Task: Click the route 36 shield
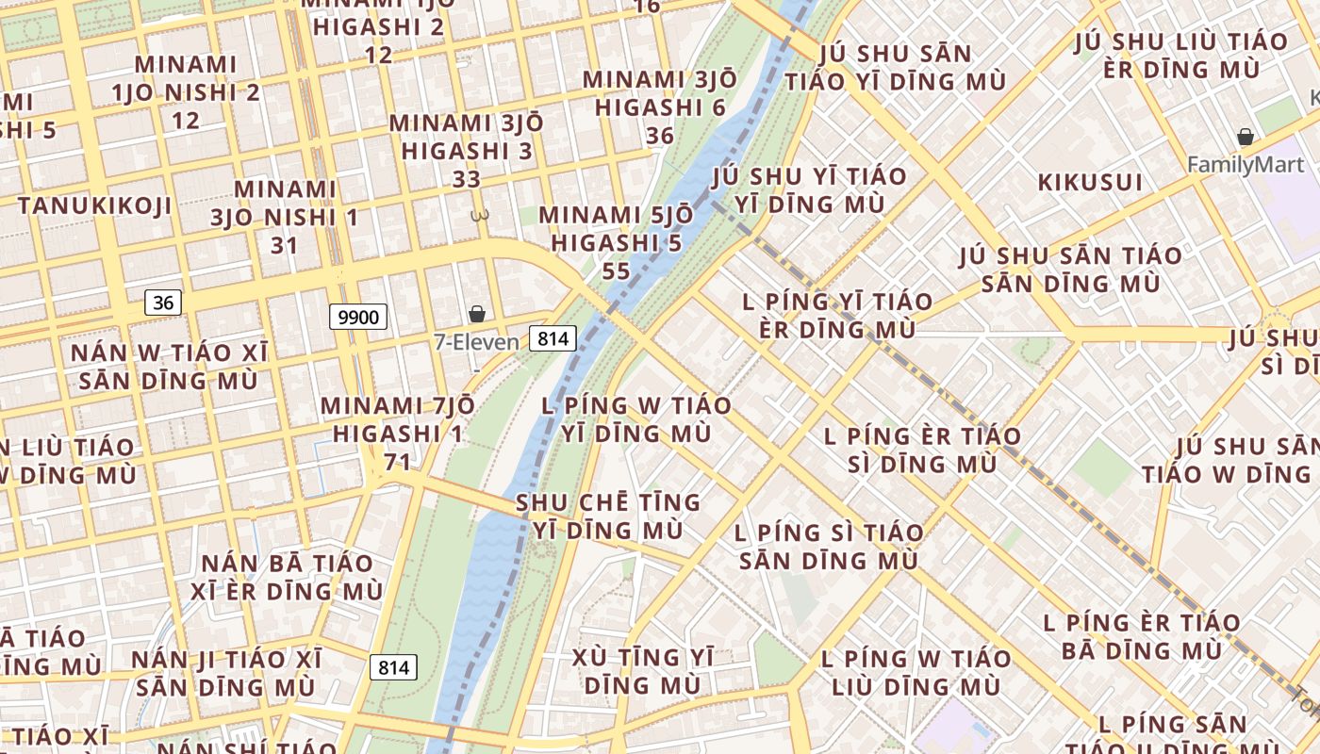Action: point(164,303)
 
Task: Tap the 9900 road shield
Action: point(358,317)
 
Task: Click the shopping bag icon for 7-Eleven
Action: point(477,314)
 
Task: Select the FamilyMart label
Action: point(1245,165)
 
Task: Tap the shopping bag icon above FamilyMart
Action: point(1246,138)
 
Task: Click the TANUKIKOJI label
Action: point(94,205)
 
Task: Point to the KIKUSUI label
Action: point(1090,182)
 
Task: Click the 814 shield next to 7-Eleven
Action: point(553,338)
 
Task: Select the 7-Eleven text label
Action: point(476,342)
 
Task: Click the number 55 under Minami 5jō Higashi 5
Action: point(616,271)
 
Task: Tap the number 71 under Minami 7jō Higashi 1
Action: point(398,462)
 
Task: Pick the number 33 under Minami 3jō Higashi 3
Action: point(467,179)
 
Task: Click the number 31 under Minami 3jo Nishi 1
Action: point(284,246)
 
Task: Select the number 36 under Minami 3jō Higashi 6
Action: point(660,136)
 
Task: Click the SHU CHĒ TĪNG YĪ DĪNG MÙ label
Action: point(608,516)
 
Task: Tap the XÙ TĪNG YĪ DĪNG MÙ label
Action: point(643,671)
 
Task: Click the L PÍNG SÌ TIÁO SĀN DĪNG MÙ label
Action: point(829,547)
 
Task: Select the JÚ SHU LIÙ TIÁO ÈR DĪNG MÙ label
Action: point(1180,56)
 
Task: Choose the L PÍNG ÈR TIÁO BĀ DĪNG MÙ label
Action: point(1142,636)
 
